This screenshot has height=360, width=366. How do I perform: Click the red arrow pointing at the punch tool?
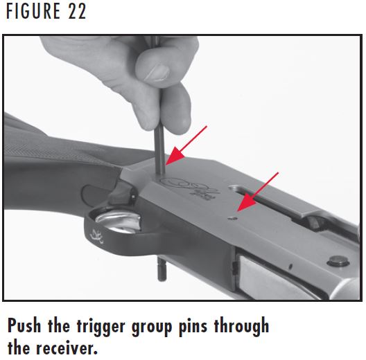pos(187,146)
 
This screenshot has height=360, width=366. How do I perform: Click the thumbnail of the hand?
pos(157,73)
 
